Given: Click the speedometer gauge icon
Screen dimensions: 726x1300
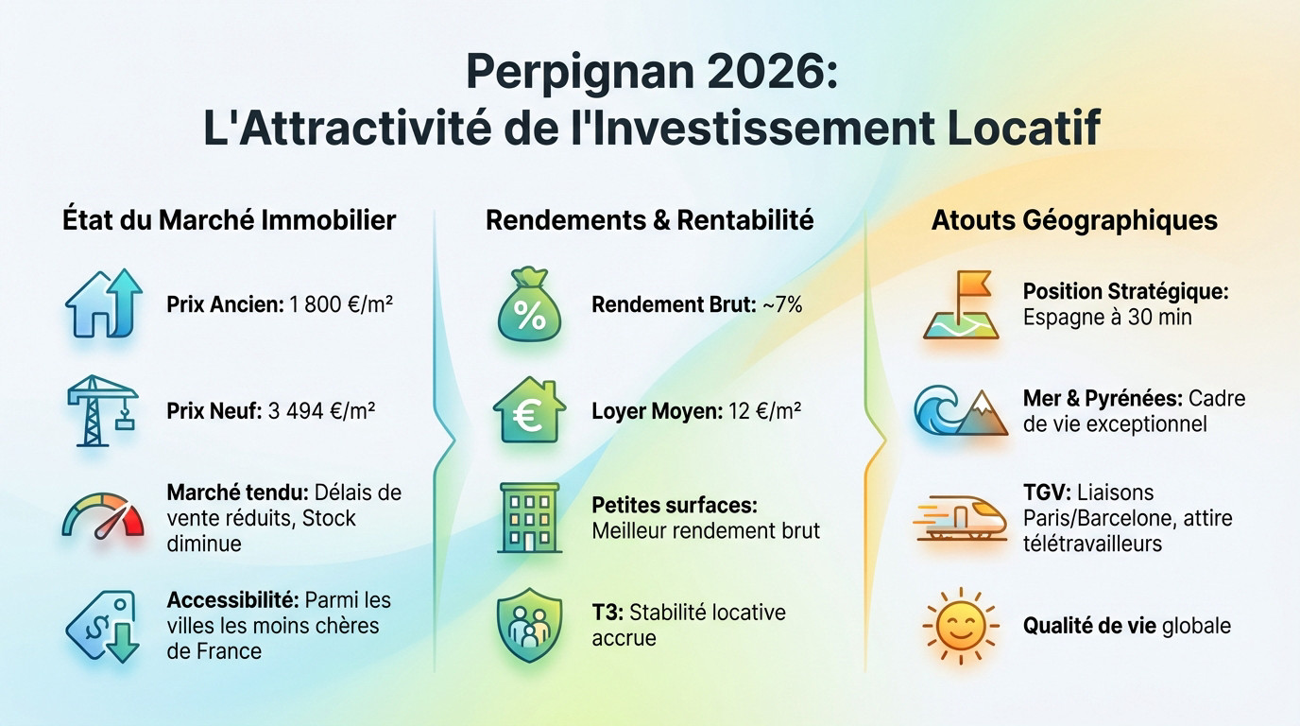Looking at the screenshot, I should tap(103, 515).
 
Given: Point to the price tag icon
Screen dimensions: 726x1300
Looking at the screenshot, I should tap(103, 625).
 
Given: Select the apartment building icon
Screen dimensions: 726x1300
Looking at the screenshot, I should tap(529, 517).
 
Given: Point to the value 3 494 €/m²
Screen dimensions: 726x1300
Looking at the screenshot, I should tap(322, 412).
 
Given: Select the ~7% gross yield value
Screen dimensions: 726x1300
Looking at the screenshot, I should tap(780, 305).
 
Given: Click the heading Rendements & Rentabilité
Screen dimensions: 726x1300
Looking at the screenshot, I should tap(649, 220).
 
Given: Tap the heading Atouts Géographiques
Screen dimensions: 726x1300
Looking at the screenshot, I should tap(1074, 220).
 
